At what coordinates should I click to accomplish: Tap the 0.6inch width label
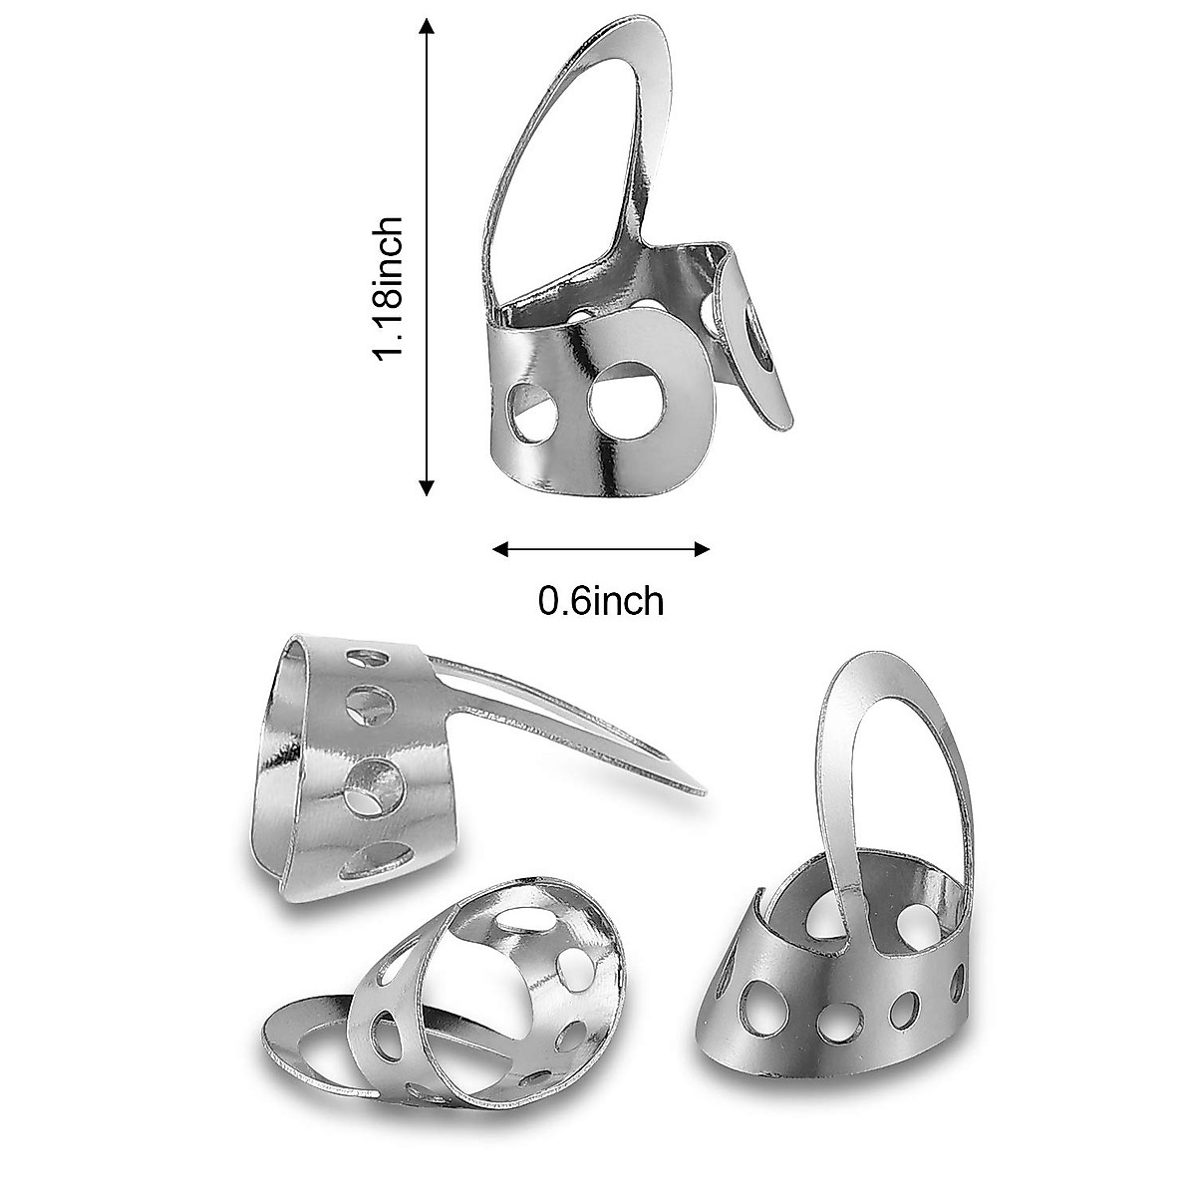point(600,600)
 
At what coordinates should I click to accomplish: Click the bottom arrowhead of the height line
point(428,488)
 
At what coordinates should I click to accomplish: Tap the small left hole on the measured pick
point(532,409)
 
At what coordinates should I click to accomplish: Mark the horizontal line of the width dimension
point(602,548)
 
